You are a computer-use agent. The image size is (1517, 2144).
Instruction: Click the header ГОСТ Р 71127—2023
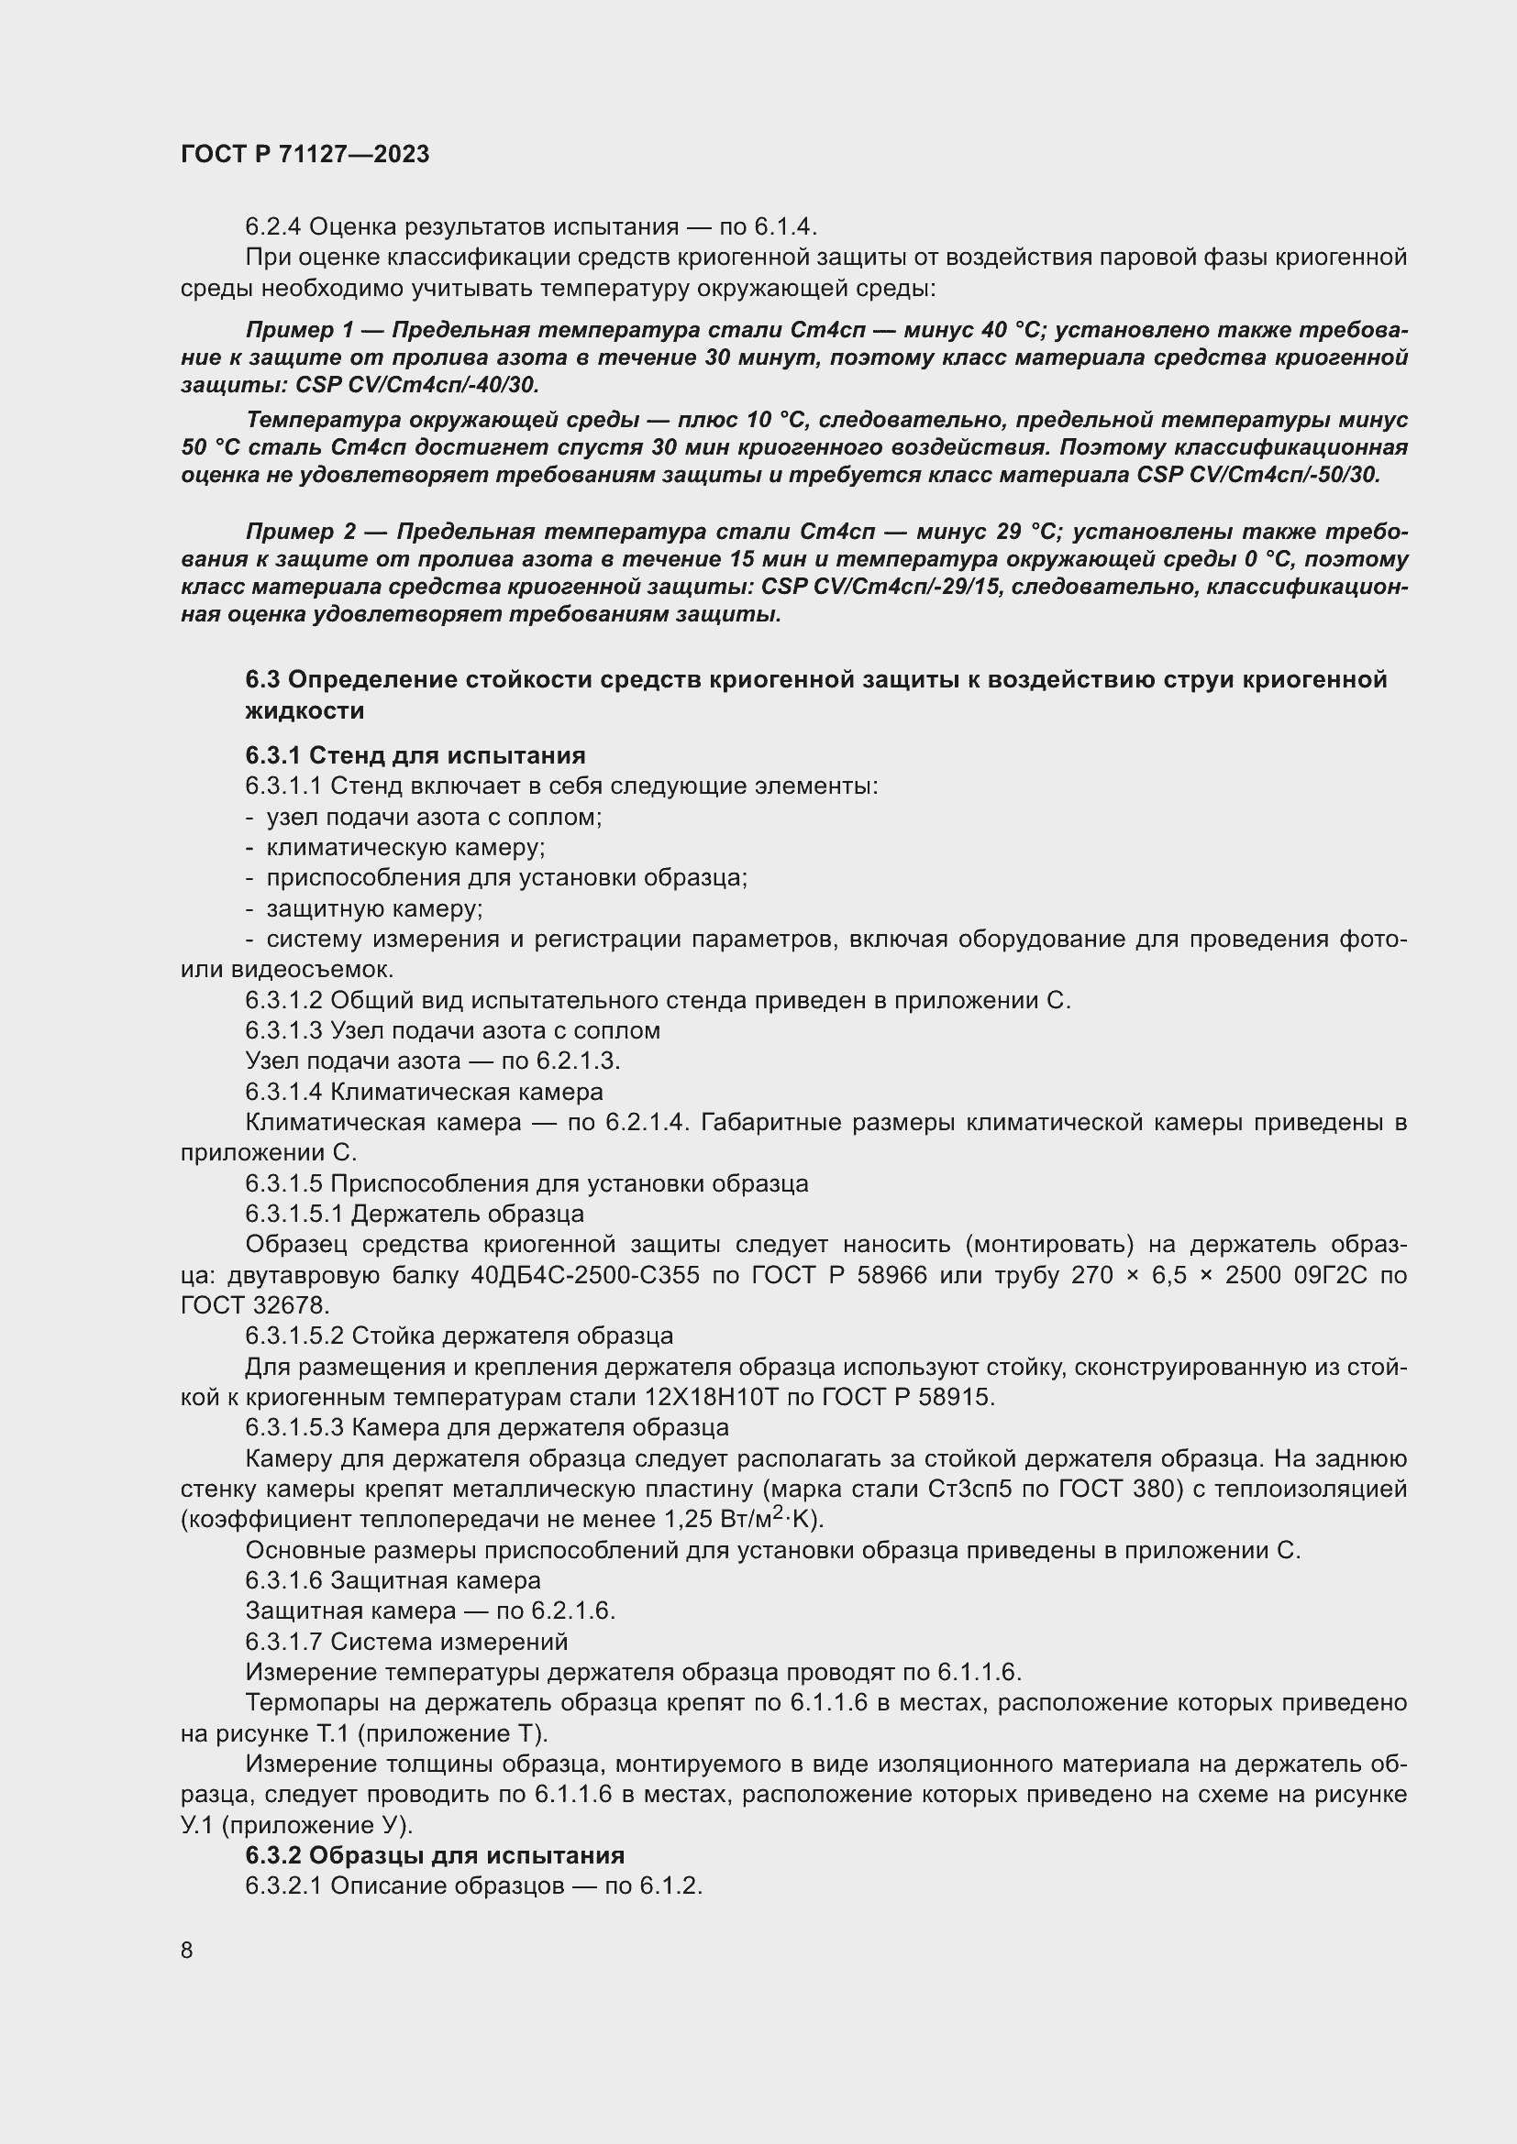click(x=305, y=154)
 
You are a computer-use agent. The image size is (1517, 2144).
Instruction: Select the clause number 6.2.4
click(x=272, y=227)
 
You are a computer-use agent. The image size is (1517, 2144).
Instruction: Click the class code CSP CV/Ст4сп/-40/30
click(x=416, y=385)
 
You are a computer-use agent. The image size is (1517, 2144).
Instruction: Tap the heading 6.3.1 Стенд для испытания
click(x=415, y=755)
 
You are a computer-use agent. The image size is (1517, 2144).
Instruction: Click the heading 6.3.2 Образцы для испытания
click(x=435, y=1854)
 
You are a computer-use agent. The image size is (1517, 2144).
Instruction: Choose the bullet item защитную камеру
click(x=373, y=908)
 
